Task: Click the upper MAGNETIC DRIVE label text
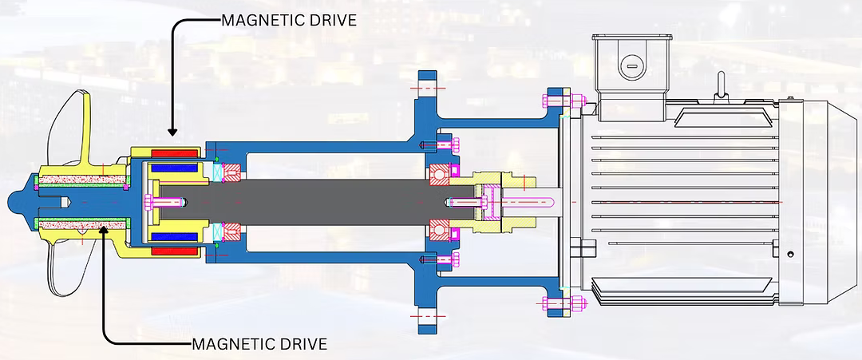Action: [x=289, y=19]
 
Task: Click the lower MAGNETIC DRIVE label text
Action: [x=259, y=344]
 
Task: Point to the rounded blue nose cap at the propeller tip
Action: [x=30, y=203]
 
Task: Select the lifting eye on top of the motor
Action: [x=722, y=84]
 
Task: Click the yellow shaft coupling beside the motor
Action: [x=494, y=202]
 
